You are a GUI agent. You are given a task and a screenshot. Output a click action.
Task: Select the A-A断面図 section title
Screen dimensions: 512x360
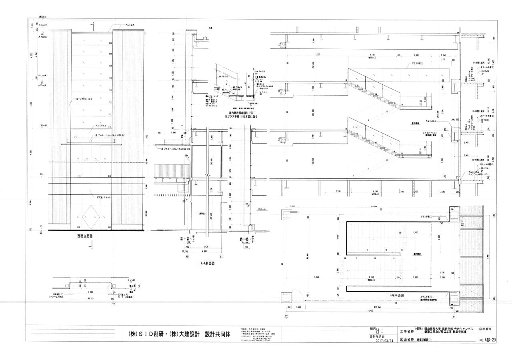coord(208,264)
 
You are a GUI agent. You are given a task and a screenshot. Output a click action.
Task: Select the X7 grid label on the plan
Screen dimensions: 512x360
coord(494,216)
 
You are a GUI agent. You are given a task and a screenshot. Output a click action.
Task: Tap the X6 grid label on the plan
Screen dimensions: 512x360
coord(494,298)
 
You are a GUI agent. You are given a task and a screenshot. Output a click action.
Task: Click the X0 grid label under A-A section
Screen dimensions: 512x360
coord(187,257)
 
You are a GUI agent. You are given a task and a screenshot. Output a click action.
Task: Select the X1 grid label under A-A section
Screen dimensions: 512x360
coord(221,257)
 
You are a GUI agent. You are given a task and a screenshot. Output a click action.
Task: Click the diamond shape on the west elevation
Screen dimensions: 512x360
coord(91,216)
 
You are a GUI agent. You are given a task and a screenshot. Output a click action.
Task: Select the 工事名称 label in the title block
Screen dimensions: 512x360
coord(406,331)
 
